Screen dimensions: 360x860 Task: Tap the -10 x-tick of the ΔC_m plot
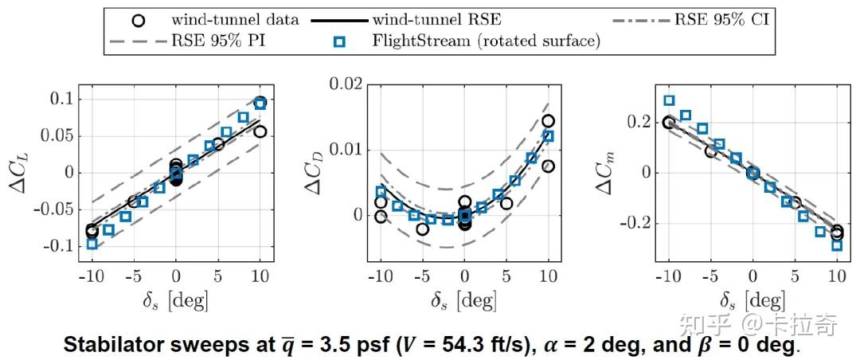(x=666, y=277)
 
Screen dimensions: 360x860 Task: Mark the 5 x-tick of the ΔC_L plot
(x=218, y=277)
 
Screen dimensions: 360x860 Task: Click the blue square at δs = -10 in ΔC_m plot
(x=669, y=100)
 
